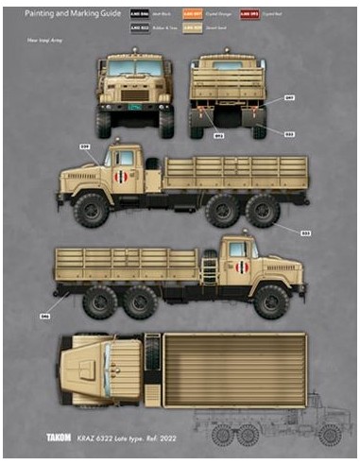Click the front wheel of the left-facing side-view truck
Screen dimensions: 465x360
click(92, 210)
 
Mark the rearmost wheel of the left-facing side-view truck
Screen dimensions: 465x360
click(263, 210)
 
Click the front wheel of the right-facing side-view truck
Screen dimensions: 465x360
click(272, 301)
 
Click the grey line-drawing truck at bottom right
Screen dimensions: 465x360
click(274, 424)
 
